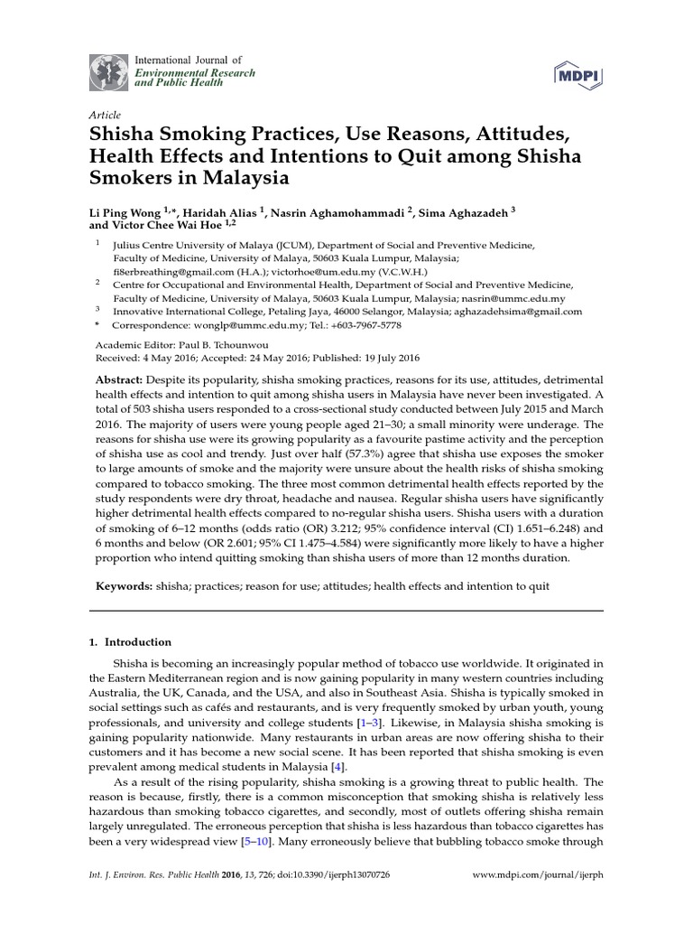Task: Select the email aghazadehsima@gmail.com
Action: coord(522,311)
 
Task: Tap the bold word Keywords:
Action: coord(125,587)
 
